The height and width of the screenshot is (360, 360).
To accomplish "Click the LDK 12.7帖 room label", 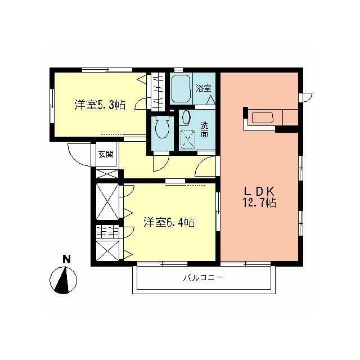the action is pos(259,197).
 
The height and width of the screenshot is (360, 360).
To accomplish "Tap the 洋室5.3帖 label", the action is pos(100,105).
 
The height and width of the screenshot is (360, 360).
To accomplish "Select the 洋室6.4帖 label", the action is pos(169,222).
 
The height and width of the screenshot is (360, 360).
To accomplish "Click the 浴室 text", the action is pos(204,88).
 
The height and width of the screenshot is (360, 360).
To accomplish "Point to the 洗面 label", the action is pos(205,130).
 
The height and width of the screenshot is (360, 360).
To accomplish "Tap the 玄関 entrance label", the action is pos(106,154).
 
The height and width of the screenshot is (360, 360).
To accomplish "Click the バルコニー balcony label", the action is pos(203,277).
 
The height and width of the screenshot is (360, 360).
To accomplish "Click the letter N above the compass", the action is pos(66,259).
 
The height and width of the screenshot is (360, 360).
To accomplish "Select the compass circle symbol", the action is pos(63,280).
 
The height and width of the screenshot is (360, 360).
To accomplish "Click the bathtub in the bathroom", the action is pos(181,88).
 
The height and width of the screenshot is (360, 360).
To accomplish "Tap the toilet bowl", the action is pos(162,127).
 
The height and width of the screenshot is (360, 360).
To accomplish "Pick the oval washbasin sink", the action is pos(186,117).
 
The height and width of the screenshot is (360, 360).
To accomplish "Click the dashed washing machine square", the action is pos(188,140).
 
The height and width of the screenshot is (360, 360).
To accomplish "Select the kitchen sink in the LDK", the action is pos(262,118).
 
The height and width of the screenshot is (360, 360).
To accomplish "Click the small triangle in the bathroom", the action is pos(210,101).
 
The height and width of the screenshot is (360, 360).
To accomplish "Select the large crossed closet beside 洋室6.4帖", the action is pos(107,201).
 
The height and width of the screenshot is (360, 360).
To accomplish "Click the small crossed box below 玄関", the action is pos(107,174).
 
